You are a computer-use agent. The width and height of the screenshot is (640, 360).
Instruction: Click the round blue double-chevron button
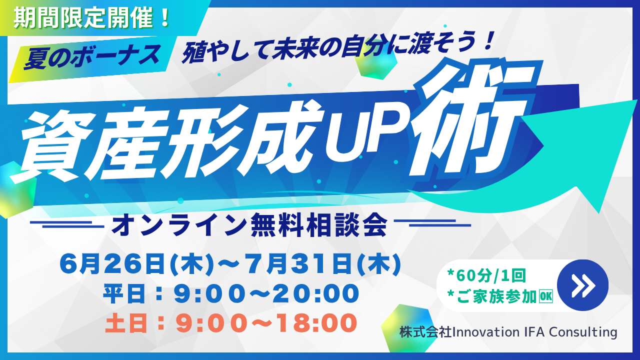point(582,285)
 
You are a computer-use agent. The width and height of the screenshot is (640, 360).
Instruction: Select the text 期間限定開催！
point(91,17)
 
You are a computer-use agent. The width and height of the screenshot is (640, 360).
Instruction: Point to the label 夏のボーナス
point(91,57)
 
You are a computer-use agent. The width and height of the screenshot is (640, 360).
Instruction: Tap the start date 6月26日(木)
point(136,264)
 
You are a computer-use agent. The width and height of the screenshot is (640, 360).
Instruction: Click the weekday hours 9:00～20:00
point(266,293)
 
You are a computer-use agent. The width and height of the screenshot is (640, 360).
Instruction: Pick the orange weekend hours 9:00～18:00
point(266,323)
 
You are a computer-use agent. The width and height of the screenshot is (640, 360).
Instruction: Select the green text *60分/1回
point(487,275)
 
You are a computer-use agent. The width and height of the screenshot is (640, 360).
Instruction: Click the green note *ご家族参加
point(492,296)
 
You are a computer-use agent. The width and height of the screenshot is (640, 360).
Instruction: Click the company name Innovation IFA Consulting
point(534,332)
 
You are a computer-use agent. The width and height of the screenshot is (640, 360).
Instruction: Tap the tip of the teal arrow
point(637,100)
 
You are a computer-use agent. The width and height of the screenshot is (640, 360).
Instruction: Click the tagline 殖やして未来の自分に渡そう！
point(336,47)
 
